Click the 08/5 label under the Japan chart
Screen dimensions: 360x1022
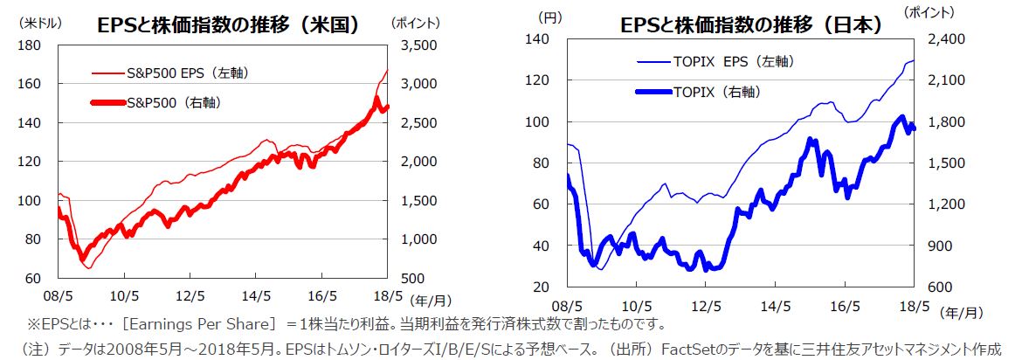568,306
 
